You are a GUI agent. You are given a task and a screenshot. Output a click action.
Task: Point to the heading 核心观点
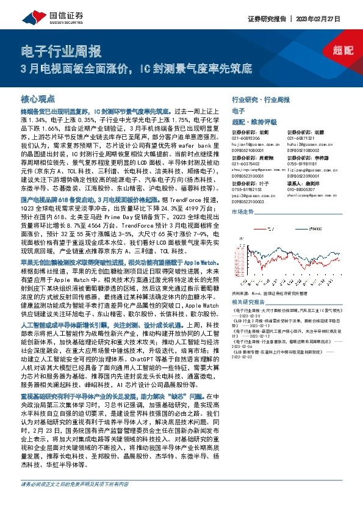[38, 99]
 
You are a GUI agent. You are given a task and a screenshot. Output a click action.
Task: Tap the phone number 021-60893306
[246, 139]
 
